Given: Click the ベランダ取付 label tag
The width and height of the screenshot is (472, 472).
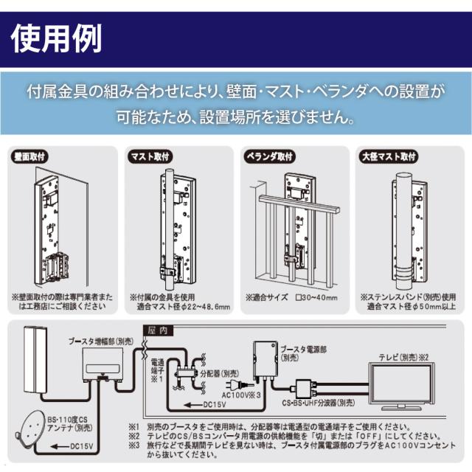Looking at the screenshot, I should click(269, 157).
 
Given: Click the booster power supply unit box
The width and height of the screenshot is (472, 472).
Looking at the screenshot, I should click(261, 361).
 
